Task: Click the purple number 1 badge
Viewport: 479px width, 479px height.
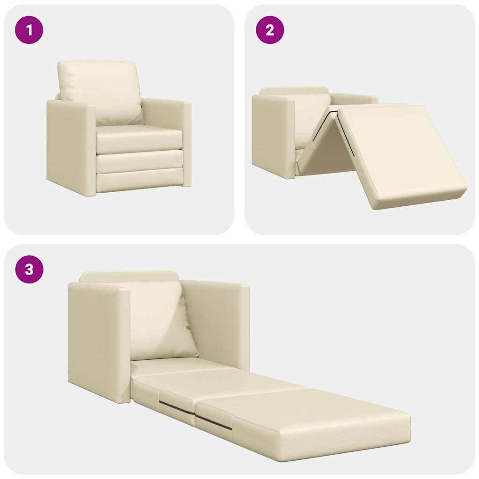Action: click(29, 30)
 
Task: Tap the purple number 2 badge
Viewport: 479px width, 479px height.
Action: click(270, 30)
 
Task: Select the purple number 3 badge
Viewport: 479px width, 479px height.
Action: click(29, 269)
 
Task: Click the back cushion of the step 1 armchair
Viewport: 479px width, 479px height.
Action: click(99, 89)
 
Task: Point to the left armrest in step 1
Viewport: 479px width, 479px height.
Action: click(70, 145)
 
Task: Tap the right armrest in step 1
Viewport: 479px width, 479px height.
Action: click(187, 140)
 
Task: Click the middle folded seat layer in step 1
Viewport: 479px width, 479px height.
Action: click(139, 161)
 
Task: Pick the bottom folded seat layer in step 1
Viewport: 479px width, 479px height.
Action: click(139, 181)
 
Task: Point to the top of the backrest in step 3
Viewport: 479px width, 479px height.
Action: click(129, 276)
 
